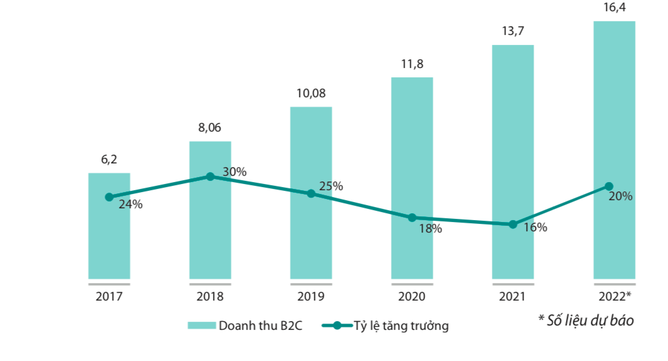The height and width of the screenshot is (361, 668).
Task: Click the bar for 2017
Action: click(109, 237)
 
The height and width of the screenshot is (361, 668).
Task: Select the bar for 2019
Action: click(311, 237)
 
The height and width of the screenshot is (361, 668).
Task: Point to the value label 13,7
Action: click(512, 31)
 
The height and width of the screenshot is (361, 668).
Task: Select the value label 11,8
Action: click(412, 64)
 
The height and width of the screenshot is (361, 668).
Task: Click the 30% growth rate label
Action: click(235, 171)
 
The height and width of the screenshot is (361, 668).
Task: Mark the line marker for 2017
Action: click(109, 197)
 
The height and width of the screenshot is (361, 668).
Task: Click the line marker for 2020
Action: click(412, 218)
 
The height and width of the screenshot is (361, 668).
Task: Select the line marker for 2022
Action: click(609, 186)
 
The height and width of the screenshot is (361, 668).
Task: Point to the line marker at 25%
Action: click(311, 193)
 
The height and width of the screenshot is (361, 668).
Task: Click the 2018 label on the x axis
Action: click(210, 297)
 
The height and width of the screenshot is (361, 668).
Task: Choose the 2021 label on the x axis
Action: click(512, 297)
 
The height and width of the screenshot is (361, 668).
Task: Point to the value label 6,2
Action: click(109, 160)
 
